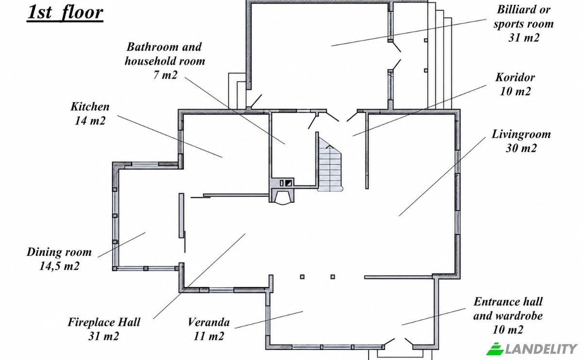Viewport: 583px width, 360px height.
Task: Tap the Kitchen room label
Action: click(90, 107)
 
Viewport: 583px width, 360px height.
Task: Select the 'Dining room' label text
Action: click(59, 252)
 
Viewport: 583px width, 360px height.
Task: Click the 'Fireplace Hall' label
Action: click(104, 322)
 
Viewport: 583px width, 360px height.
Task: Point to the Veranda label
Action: click(209, 322)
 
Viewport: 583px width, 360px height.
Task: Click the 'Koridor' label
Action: click(515, 77)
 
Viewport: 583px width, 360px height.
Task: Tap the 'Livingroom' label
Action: click(521, 135)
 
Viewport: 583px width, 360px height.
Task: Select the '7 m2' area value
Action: click(165, 75)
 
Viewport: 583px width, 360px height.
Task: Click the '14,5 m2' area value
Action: click(59, 266)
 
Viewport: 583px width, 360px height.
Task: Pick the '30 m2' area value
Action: click(521, 148)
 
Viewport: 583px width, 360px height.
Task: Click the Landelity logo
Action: click(532, 349)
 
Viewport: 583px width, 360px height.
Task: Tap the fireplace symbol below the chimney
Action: click(282, 197)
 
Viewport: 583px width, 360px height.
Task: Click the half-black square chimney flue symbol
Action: click(289, 183)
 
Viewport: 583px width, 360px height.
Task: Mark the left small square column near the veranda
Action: click(302, 277)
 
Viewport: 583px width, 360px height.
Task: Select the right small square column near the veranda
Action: click(333, 277)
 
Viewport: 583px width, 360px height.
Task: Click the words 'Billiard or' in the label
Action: click(524, 10)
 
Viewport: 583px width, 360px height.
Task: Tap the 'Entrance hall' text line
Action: click(508, 302)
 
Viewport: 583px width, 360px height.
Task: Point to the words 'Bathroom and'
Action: click(164, 47)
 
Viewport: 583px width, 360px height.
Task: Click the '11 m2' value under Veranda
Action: click(209, 336)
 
